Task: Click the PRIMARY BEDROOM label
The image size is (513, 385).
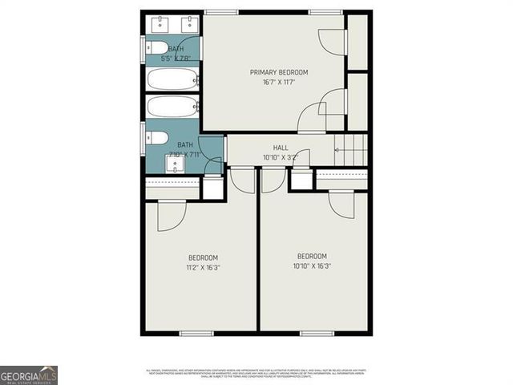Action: click(x=279, y=72)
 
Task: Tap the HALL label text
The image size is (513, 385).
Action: click(x=281, y=148)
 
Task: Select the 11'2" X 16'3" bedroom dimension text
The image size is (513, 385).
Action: click(x=203, y=267)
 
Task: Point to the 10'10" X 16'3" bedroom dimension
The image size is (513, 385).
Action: click(x=312, y=265)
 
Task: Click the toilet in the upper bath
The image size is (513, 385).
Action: click(x=156, y=47)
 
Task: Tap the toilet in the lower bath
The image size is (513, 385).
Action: click(x=156, y=136)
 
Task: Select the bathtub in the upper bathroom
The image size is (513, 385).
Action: click(x=172, y=79)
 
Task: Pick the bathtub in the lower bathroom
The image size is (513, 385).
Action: click(x=172, y=107)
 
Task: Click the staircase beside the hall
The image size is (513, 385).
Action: click(x=351, y=149)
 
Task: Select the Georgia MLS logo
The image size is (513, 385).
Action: click(x=29, y=375)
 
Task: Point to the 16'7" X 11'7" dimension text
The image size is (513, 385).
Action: click(x=279, y=82)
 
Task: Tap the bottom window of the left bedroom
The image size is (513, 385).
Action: click(x=196, y=333)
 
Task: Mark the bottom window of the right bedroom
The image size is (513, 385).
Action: click(x=317, y=333)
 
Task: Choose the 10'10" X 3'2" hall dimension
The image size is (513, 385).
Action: click(x=281, y=157)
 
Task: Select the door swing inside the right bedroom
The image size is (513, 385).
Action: click(x=342, y=204)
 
